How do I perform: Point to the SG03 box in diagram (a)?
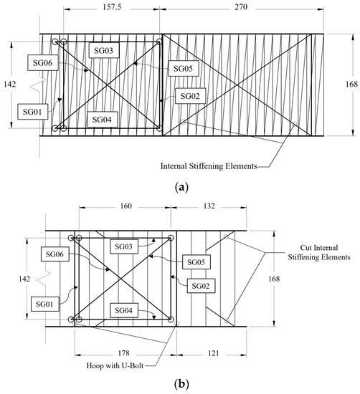(x=104, y=49)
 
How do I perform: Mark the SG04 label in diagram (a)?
(x=102, y=118)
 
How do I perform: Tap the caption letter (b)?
(x=181, y=384)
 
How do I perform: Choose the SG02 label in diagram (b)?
(x=202, y=284)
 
